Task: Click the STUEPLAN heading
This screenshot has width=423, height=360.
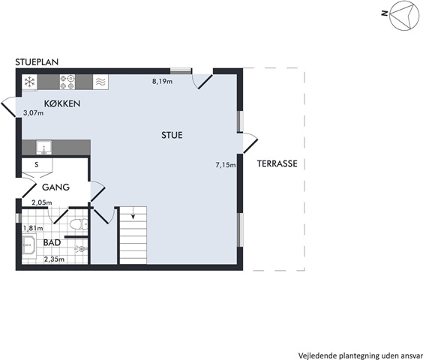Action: pos(37,62)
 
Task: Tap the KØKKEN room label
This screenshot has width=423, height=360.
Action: pos(62,103)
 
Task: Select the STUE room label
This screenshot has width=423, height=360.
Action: pos(172,135)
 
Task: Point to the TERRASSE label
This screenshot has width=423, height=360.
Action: pos(277,163)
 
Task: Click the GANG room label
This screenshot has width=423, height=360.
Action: pos(55,187)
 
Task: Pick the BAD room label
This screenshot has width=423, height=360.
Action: pos(52,242)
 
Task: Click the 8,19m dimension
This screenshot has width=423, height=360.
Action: pos(163,81)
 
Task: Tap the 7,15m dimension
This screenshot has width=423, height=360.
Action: pos(226,164)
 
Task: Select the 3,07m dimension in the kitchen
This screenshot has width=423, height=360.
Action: pos(34,113)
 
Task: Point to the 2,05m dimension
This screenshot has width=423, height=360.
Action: pos(42,202)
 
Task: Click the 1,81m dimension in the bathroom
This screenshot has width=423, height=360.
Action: pos(33,228)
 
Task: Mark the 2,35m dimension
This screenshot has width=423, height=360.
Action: pos(54,259)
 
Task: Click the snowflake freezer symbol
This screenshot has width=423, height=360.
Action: pos(30,82)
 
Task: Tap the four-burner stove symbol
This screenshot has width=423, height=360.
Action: pos(67,82)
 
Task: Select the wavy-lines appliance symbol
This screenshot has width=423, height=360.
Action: pos(101,82)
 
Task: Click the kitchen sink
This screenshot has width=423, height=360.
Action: pos(44,148)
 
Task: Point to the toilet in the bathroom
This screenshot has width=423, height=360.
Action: pos(79,224)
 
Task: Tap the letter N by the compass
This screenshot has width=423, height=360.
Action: pos(385,13)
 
